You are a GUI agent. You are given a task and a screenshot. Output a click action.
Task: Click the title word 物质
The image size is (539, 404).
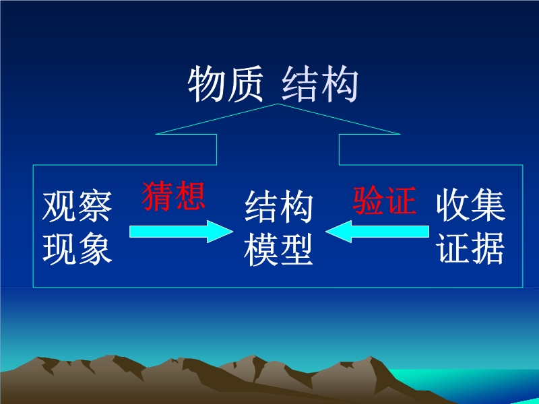(x=226, y=83)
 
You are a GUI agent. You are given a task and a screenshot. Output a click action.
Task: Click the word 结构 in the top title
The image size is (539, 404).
(x=320, y=83)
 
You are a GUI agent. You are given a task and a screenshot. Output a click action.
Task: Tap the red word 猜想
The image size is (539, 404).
(x=174, y=196)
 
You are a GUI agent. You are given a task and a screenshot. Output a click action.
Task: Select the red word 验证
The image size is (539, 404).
(x=385, y=201)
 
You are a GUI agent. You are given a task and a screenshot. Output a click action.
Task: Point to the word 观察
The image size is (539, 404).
(x=77, y=207)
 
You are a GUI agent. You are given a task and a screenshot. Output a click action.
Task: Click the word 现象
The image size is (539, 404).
(x=77, y=248)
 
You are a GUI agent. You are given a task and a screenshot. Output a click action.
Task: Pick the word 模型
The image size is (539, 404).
(x=278, y=250)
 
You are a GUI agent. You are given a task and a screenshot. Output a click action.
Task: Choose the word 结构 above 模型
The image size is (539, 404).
(x=278, y=207)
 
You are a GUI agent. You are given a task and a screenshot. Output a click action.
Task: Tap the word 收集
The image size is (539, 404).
(x=470, y=205)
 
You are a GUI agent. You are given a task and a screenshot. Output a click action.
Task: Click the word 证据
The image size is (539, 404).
(x=470, y=247)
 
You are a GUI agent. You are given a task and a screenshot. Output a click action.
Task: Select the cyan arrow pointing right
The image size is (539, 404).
(x=181, y=232)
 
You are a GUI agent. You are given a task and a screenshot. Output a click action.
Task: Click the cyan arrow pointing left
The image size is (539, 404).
(x=377, y=232)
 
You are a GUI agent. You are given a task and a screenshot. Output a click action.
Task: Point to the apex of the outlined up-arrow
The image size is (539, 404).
(x=278, y=104)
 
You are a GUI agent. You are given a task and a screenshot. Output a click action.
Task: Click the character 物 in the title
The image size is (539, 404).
(x=207, y=83)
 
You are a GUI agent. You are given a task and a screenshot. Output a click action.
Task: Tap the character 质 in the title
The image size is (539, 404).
(x=245, y=83)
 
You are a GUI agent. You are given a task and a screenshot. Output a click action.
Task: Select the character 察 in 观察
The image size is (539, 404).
(x=95, y=207)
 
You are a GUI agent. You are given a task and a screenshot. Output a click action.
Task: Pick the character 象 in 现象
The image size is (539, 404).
(x=95, y=248)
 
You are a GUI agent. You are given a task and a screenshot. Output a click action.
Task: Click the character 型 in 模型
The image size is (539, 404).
(x=296, y=250)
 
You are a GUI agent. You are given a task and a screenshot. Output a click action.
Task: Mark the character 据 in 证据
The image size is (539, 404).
(x=488, y=247)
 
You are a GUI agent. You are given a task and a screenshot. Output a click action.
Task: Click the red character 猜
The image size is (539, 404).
(x=158, y=196)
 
